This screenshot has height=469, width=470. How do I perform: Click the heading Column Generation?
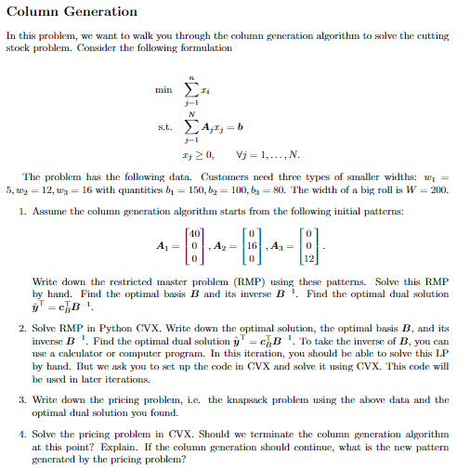72,12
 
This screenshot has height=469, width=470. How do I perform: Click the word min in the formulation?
163,90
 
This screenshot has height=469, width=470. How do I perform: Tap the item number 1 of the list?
22,211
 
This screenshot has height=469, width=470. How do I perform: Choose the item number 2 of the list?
22,328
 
